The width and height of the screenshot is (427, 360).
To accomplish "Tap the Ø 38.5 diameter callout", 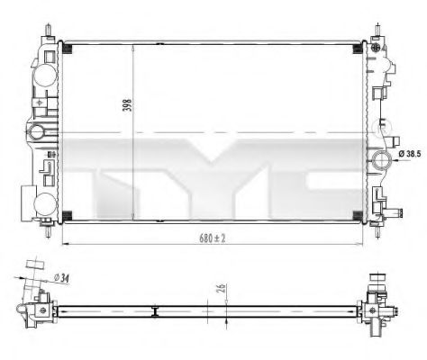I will point(410,157).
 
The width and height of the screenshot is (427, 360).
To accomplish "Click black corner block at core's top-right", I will point(358,46).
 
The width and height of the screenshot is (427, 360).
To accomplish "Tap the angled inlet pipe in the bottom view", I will point(33,274).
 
